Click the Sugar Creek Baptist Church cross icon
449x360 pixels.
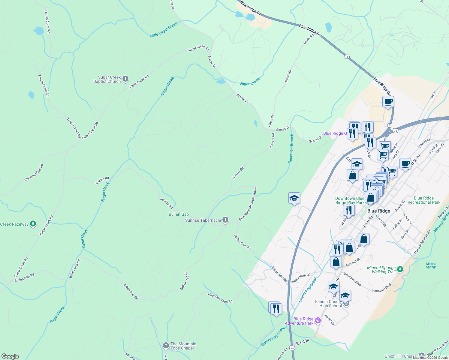[125, 79]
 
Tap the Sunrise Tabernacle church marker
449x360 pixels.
[225, 220]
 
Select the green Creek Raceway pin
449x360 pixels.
[33, 224]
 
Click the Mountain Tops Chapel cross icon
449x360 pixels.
[166, 346]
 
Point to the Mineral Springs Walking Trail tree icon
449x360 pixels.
[400, 269]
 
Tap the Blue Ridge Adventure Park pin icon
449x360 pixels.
[318, 321]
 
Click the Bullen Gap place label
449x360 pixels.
[179, 214]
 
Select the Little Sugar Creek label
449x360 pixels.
[164, 30]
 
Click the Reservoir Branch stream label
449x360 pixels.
[291, 149]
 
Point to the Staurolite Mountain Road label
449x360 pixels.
[248, 204]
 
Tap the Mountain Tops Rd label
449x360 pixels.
[220, 298]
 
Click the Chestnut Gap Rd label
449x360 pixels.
[34, 173]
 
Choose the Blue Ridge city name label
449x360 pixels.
[379, 211]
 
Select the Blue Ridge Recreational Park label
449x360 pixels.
[424, 200]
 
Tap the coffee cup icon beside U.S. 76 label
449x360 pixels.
[405, 164]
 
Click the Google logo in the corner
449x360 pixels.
[10, 356]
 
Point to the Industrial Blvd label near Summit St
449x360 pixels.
[352, 279]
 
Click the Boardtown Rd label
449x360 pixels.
[301, 278]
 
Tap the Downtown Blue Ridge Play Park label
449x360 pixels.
[350, 200]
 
